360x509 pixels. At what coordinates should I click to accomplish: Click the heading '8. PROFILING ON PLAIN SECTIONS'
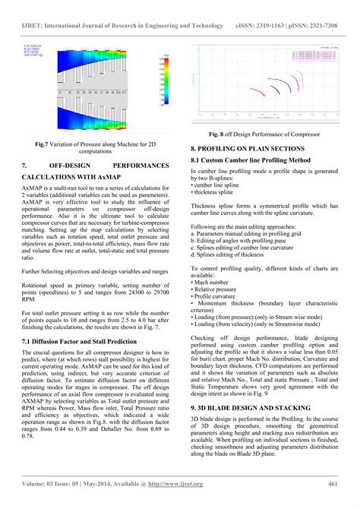tap(248, 150)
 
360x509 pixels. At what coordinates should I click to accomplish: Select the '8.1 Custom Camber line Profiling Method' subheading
tap(251, 161)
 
